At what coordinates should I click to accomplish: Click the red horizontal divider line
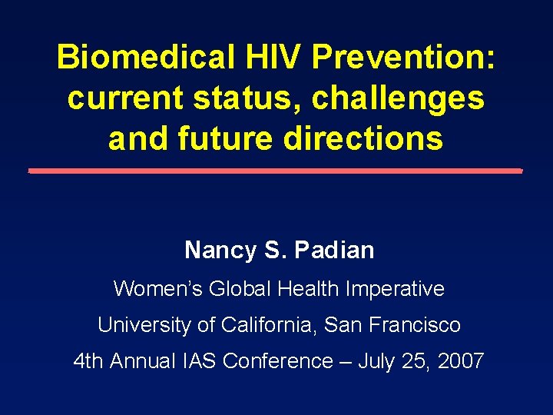pos(276,171)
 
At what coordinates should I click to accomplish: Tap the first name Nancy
pos(218,250)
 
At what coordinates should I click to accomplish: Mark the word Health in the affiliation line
pos(310,289)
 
